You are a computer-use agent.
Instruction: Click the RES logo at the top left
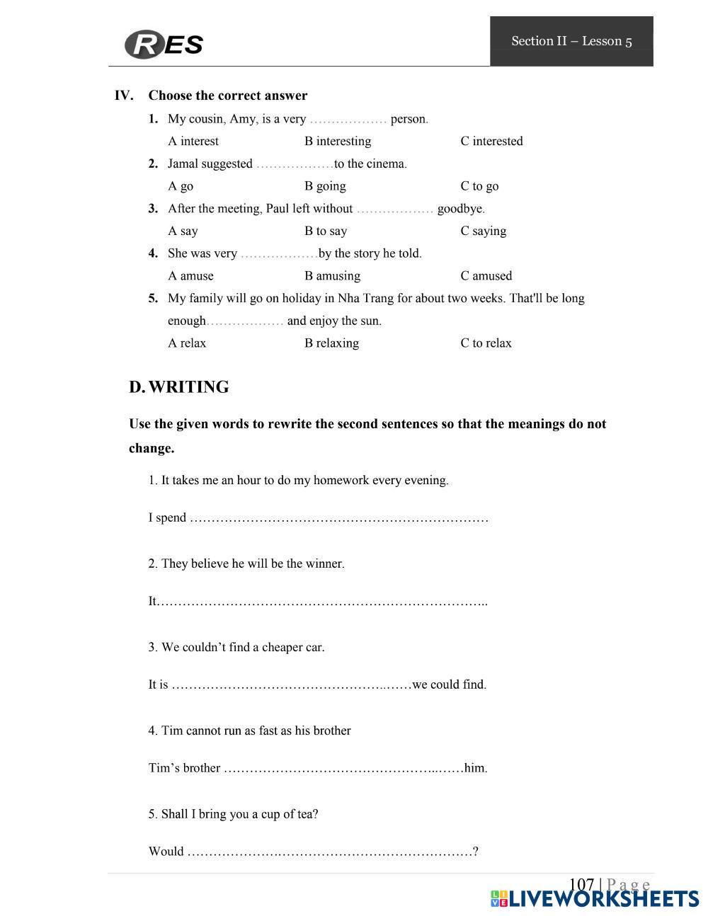coord(164,44)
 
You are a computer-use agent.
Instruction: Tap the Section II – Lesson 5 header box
coord(571,41)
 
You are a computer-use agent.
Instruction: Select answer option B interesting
coord(338,141)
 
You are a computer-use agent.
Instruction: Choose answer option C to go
coord(479,186)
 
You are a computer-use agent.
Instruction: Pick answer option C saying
coord(483,231)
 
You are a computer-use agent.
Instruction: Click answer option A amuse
coord(190,275)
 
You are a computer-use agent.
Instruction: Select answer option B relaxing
coord(331,343)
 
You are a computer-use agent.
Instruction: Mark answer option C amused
coord(486,275)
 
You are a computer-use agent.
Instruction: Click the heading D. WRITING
coord(178,387)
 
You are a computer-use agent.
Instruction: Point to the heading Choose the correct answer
coord(227,96)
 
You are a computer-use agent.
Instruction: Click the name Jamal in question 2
coord(183,164)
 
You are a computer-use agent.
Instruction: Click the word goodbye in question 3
coord(460,208)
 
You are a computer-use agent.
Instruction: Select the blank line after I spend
coord(339,518)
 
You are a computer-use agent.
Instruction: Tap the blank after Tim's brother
coord(343,768)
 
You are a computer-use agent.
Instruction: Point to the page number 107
coord(581,884)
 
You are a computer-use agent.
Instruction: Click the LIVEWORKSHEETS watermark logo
coord(594,898)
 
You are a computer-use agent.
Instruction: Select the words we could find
coord(449,685)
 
